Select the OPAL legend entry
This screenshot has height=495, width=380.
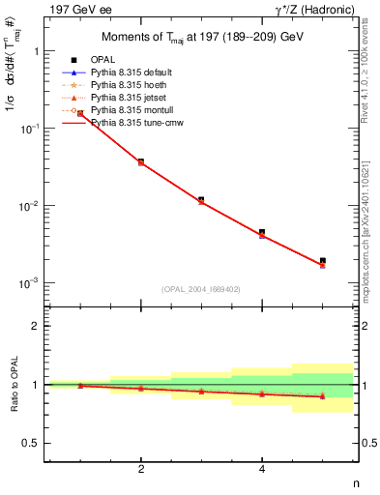pyautogui.click(x=103, y=61)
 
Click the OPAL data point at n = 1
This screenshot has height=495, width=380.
pyautogui.click(x=80, y=113)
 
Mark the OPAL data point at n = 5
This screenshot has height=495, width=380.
pyautogui.click(x=323, y=260)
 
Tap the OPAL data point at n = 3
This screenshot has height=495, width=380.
pyautogui.click(x=201, y=199)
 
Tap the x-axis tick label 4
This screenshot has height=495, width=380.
pyautogui.click(x=262, y=470)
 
